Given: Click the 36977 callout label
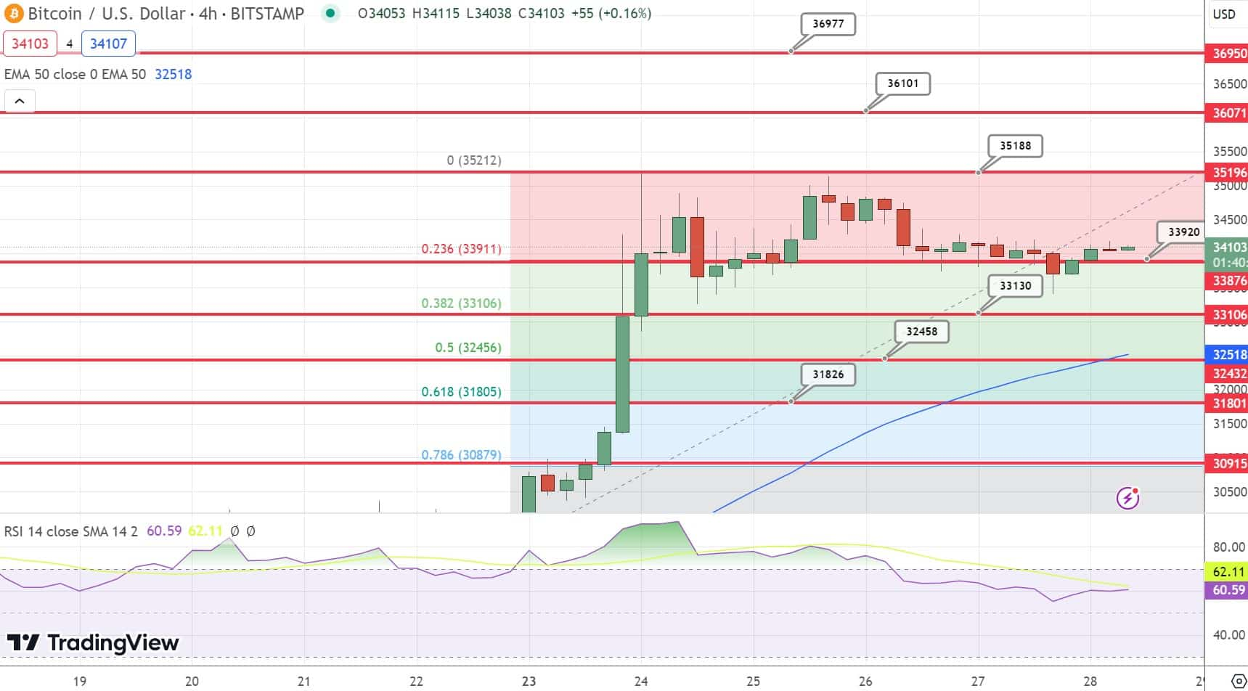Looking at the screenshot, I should point(828,24).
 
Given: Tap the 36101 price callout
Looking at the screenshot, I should point(902,83).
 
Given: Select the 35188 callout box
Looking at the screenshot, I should point(1015,146).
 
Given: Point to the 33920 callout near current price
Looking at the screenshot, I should point(1183,232).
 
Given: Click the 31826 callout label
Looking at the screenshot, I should point(828,375).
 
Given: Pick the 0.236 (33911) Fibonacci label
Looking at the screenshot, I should point(461,249).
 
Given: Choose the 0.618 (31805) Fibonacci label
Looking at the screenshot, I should point(461,392).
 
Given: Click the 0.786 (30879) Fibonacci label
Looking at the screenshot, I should point(461,455).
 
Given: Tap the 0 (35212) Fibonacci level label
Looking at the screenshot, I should point(474,160).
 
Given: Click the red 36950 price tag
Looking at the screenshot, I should point(1228,54).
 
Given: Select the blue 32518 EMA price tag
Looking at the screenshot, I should point(1228,355).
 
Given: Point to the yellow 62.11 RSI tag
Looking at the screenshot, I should point(1228,572).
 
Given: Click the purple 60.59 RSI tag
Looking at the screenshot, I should point(1228,590).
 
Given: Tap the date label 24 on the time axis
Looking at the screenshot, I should point(640,682).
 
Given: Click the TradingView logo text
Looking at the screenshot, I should point(93,643).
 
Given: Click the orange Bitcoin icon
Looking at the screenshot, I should point(14,14).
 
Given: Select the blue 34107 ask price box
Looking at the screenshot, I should point(108,44).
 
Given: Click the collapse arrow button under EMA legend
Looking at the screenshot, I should point(20,102).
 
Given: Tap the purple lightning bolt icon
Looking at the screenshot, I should point(1127,498).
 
